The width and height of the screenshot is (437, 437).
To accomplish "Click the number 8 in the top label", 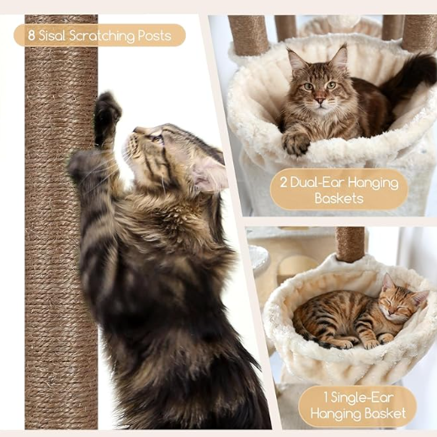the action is [x=31, y=35].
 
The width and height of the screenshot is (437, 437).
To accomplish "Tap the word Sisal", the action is [x=52, y=35].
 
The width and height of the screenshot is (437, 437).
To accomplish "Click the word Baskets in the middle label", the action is [x=338, y=199].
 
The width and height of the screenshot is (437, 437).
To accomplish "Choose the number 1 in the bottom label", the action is [x=326, y=397].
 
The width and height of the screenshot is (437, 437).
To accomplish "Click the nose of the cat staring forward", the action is [x=320, y=99].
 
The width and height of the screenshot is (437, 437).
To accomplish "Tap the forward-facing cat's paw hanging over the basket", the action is [x=296, y=143].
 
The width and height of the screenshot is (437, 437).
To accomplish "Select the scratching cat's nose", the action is [x=136, y=130].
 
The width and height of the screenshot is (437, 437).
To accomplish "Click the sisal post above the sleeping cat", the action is [x=350, y=243].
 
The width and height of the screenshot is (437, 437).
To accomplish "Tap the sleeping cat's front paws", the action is [x=364, y=342].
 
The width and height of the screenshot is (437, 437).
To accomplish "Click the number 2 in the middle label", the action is [x=284, y=183].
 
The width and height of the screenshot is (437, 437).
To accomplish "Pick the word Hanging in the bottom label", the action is [x=334, y=413].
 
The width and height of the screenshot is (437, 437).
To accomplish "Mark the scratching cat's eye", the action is [x=157, y=138].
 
